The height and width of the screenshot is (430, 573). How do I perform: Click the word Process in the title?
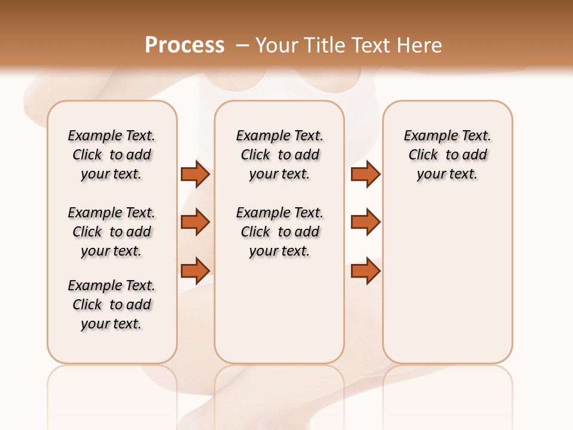pyautogui.click(x=184, y=45)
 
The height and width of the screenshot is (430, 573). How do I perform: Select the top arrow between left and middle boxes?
pyautogui.click(x=195, y=174)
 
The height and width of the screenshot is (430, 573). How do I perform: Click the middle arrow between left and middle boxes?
pyautogui.click(x=195, y=222)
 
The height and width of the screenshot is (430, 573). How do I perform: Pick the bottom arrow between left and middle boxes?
pyautogui.click(x=195, y=271)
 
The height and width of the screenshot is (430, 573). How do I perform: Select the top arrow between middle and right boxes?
pyautogui.click(x=365, y=174)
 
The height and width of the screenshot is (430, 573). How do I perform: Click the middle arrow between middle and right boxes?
pyautogui.click(x=365, y=222)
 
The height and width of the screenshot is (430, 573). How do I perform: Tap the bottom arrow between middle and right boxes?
pyautogui.click(x=365, y=271)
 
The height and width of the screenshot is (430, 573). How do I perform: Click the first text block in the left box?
pyautogui.click(x=112, y=155)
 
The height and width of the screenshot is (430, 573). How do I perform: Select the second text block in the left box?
pyautogui.click(x=112, y=232)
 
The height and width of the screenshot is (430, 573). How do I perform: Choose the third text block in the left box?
pyautogui.click(x=112, y=305)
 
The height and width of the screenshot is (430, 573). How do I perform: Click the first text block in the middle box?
pyautogui.click(x=279, y=155)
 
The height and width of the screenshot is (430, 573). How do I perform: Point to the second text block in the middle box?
pyautogui.click(x=279, y=232)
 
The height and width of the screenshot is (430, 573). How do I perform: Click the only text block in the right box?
pyautogui.click(x=448, y=155)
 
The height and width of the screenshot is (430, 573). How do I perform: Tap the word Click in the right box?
pyautogui.click(x=423, y=155)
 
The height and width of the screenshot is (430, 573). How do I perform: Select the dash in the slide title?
pyautogui.click(x=242, y=45)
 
